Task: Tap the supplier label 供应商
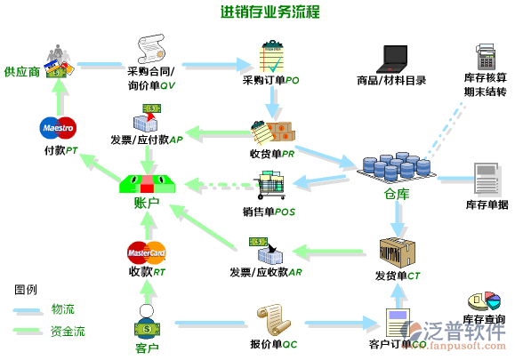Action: [21, 71]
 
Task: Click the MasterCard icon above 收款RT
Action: [147, 252]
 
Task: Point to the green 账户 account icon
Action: [148, 184]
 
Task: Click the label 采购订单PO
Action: [270, 80]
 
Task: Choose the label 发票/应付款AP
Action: [147, 140]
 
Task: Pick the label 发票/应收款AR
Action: [265, 271]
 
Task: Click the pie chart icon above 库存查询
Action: [484, 302]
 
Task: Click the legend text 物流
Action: [63, 308]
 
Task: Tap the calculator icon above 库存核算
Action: [486, 58]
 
